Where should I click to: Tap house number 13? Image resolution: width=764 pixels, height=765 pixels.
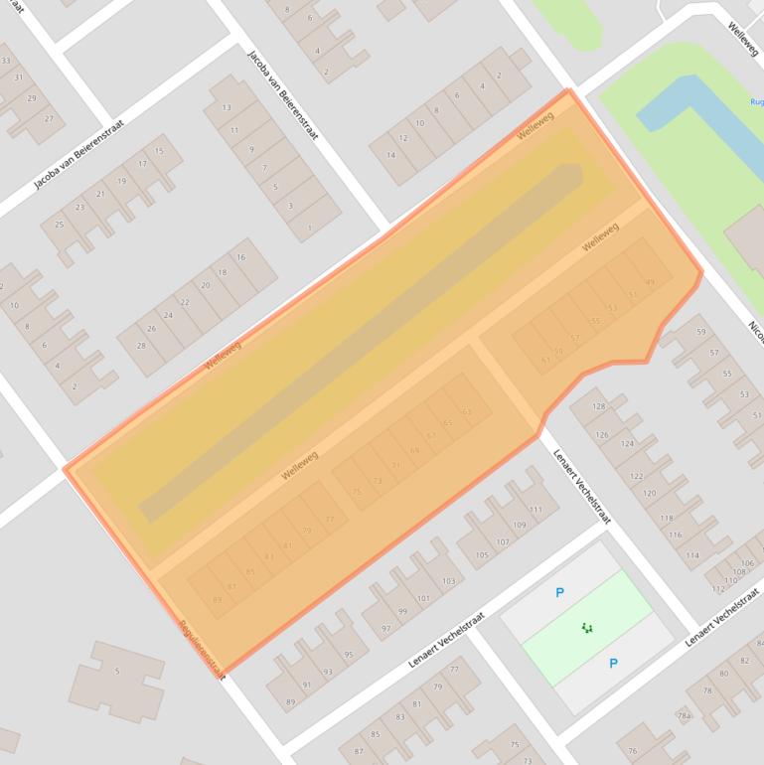pyautogui.click(x=227, y=107)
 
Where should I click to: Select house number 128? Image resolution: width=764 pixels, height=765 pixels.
pyautogui.click(x=600, y=406)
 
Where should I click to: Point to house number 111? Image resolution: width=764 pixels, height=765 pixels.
pyautogui.click(x=535, y=510)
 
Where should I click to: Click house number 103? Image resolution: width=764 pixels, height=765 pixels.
pyautogui.click(x=448, y=581)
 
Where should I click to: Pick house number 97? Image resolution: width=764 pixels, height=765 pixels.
pyautogui.click(x=386, y=629)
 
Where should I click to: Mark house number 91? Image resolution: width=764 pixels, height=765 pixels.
pyautogui.click(x=307, y=686)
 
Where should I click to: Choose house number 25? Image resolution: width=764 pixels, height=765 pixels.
pyautogui.click(x=59, y=226)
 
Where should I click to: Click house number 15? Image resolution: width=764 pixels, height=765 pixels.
pyautogui.click(x=160, y=152)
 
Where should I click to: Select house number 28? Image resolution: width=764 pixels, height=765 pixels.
pyautogui.click(x=141, y=346)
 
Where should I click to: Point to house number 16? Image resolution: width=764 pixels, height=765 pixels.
pyautogui.click(x=240, y=257)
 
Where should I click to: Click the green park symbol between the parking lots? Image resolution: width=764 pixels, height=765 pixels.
pyautogui.click(x=587, y=627)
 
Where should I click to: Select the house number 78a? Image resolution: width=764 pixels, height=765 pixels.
pyautogui.click(x=684, y=714)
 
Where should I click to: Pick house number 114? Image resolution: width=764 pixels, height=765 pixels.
pyautogui.click(x=692, y=555)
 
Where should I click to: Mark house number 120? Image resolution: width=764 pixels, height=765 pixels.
pyautogui.click(x=650, y=493)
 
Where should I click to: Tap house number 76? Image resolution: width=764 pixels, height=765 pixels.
pyautogui.click(x=633, y=751)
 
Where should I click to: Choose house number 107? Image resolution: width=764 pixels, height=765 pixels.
pyautogui.click(x=503, y=542)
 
